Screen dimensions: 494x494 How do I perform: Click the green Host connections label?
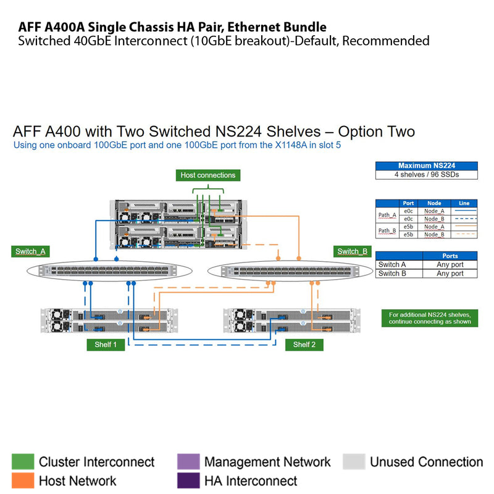[207, 175]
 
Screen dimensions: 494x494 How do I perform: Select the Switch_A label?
[30, 251]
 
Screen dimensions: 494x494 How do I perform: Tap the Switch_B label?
[353, 251]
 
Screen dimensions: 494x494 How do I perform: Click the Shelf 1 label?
[106, 345]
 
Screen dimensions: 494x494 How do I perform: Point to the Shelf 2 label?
[304, 345]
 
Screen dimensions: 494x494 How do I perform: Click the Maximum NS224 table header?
[427, 165]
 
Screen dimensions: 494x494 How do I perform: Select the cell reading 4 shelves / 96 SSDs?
[427, 175]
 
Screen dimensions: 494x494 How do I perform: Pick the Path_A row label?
[387, 215]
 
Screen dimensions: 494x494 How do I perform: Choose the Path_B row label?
[387, 231]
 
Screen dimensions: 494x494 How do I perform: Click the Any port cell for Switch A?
[450, 264]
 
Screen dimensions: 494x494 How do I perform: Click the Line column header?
[464, 203]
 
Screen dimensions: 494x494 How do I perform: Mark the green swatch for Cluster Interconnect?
[23, 462]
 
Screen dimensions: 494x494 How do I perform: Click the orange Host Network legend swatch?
[23, 480]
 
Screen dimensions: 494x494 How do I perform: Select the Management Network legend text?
[267, 462]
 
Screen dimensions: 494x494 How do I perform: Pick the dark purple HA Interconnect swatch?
[188, 480]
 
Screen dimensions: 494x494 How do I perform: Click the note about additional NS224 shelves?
[429, 318]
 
